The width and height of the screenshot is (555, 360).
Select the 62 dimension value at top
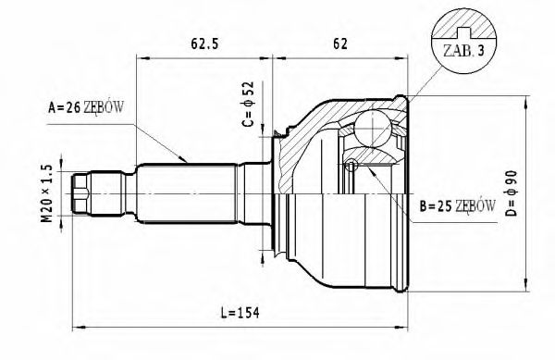[x=340, y=43]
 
